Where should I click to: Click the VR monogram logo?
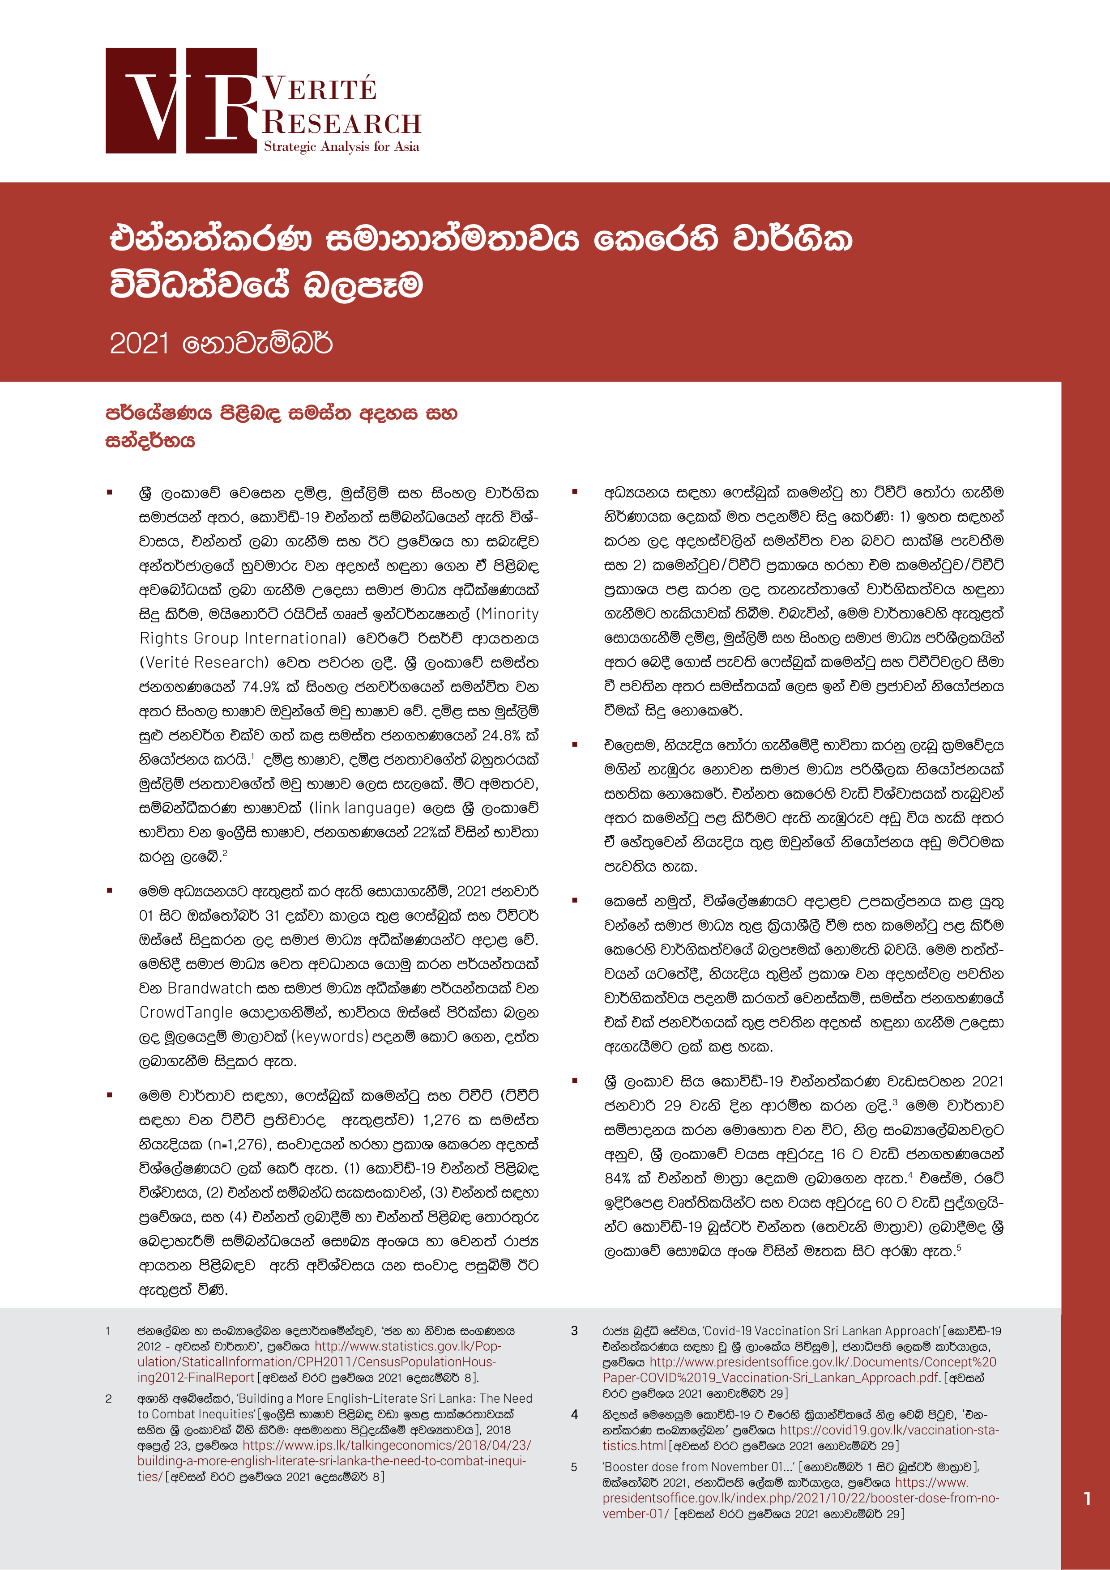181,101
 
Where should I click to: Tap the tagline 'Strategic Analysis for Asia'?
341,146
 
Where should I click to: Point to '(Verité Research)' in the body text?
204,663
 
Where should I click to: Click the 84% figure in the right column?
617,1178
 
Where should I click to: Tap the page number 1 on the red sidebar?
1087,1499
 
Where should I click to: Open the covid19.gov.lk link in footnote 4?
889,1430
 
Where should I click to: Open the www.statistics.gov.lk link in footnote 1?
408,1346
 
